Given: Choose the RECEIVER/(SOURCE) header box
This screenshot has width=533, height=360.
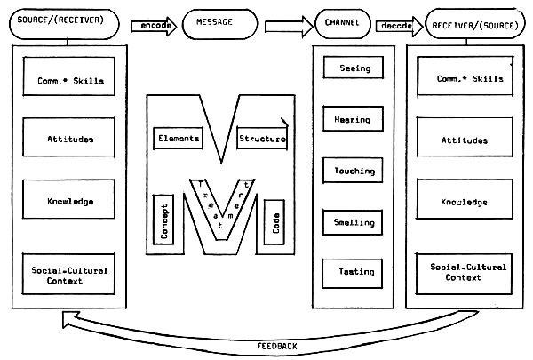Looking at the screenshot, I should coord(473,25).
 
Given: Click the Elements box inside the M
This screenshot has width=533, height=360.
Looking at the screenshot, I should coord(179,139).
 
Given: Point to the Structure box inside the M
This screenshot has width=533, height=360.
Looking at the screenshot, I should coord(262,139).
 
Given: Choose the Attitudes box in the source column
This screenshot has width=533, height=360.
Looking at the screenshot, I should coord(70,140).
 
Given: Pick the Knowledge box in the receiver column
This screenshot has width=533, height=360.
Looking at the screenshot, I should coord(461,202).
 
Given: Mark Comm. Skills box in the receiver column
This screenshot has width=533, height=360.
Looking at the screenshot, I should coord(461,79).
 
